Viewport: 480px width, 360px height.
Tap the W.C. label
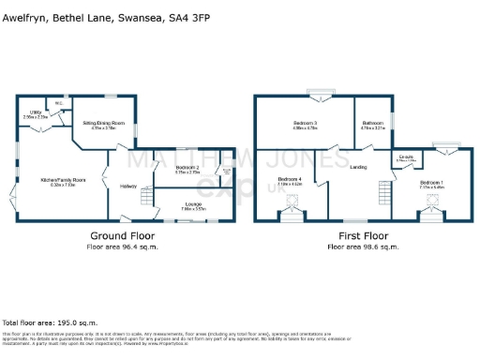pos(58,103)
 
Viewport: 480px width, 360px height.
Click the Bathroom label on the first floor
pos(372,123)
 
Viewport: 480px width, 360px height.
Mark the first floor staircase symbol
pos(383,194)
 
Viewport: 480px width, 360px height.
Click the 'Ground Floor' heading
pos(122,235)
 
